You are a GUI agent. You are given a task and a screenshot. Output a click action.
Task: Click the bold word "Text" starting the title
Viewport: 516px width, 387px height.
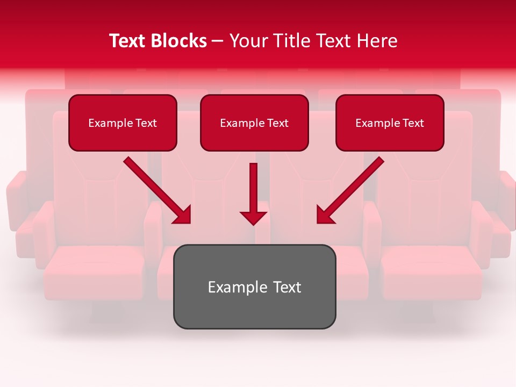[130, 41]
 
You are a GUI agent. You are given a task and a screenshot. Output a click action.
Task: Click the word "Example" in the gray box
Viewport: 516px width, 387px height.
[231, 288]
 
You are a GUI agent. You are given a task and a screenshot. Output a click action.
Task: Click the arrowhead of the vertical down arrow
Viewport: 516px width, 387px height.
[253, 218]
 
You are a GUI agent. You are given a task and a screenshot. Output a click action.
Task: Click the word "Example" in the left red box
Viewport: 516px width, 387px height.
[110, 123]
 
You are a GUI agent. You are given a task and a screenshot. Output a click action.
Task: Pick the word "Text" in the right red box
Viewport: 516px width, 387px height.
[413, 123]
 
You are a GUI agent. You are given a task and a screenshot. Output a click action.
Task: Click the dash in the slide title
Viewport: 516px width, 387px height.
[218, 41]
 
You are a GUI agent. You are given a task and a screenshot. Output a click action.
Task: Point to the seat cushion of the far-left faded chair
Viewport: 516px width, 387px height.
[94, 269]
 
